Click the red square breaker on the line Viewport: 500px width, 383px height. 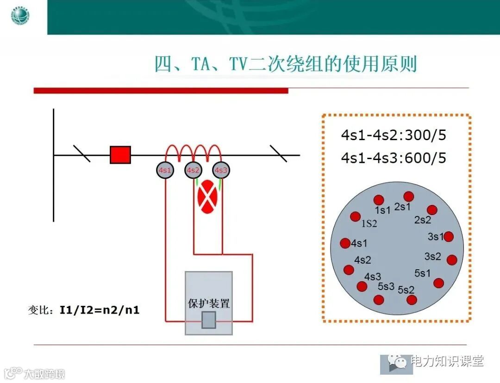point(120,155)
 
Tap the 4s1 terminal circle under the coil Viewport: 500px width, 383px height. point(165,170)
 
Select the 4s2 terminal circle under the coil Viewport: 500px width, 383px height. point(193,170)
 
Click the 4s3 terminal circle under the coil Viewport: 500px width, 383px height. point(221,170)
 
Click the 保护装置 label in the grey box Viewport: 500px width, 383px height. point(209,304)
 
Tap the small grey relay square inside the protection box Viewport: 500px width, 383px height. point(209,320)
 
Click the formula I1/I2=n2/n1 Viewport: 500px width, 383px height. point(99,310)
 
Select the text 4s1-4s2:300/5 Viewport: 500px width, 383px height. point(394,136)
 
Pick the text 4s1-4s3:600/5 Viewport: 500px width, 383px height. point(394,158)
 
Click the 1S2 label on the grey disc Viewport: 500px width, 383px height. point(369,224)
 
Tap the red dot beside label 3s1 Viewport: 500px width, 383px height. point(448,237)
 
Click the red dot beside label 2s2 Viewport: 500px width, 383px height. point(432,210)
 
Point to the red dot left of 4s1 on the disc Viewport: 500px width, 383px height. point(345,243)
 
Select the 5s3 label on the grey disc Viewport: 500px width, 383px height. point(386,287)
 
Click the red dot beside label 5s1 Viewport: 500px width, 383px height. point(438,283)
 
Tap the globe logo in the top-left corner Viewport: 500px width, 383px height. point(20,17)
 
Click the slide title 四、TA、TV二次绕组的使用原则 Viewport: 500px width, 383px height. point(285,64)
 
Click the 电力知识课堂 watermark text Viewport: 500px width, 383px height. point(447,361)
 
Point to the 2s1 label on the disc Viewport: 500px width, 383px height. point(402,207)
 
